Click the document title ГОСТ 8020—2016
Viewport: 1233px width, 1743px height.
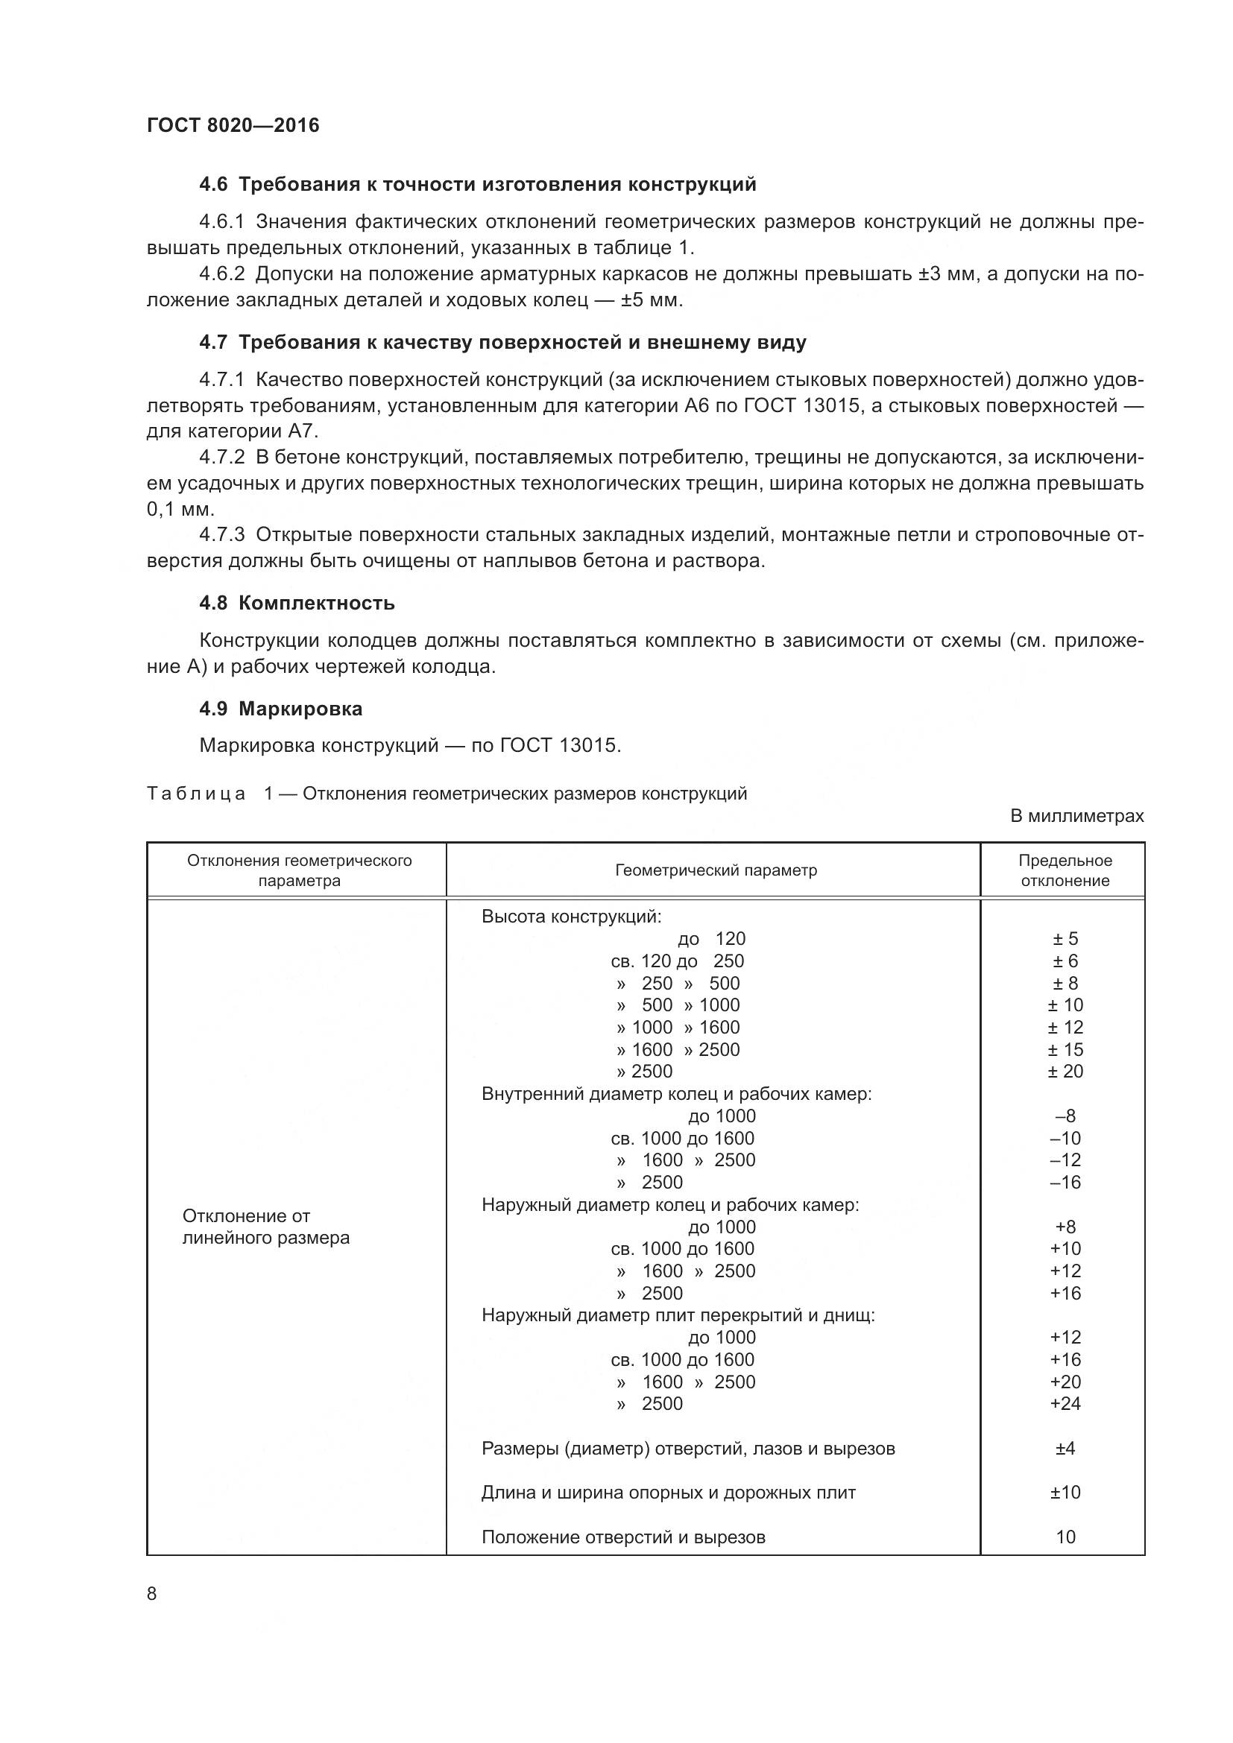pyautogui.click(x=233, y=125)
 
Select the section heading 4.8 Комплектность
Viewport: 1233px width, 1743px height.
pyautogui.click(x=297, y=603)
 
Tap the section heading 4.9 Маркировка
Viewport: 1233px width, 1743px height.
pyautogui.click(x=280, y=708)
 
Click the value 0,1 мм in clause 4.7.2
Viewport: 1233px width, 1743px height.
pyautogui.click(x=180, y=509)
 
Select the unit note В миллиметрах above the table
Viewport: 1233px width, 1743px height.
pyautogui.click(x=1076, y=816)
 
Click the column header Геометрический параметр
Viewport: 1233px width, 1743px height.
pyautogui.click(x=715, y=870)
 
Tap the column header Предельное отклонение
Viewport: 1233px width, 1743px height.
pyautogui.click(x=1065, y=870)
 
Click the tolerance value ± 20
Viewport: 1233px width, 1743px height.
pyautogui.click(x=1065, y=1071)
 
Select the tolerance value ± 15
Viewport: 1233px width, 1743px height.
pyautogui.click(x=1065, y=1049)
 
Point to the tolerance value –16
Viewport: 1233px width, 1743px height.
pyautogui.click(x=1065, y=1182)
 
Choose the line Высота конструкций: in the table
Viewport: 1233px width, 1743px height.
pyautogui.click(x=571, y=917)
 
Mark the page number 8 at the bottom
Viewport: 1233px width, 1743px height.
pyautogui.click(x=152, y=1594)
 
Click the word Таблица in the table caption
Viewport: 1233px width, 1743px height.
pyautogui.click(x=196, y=794)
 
